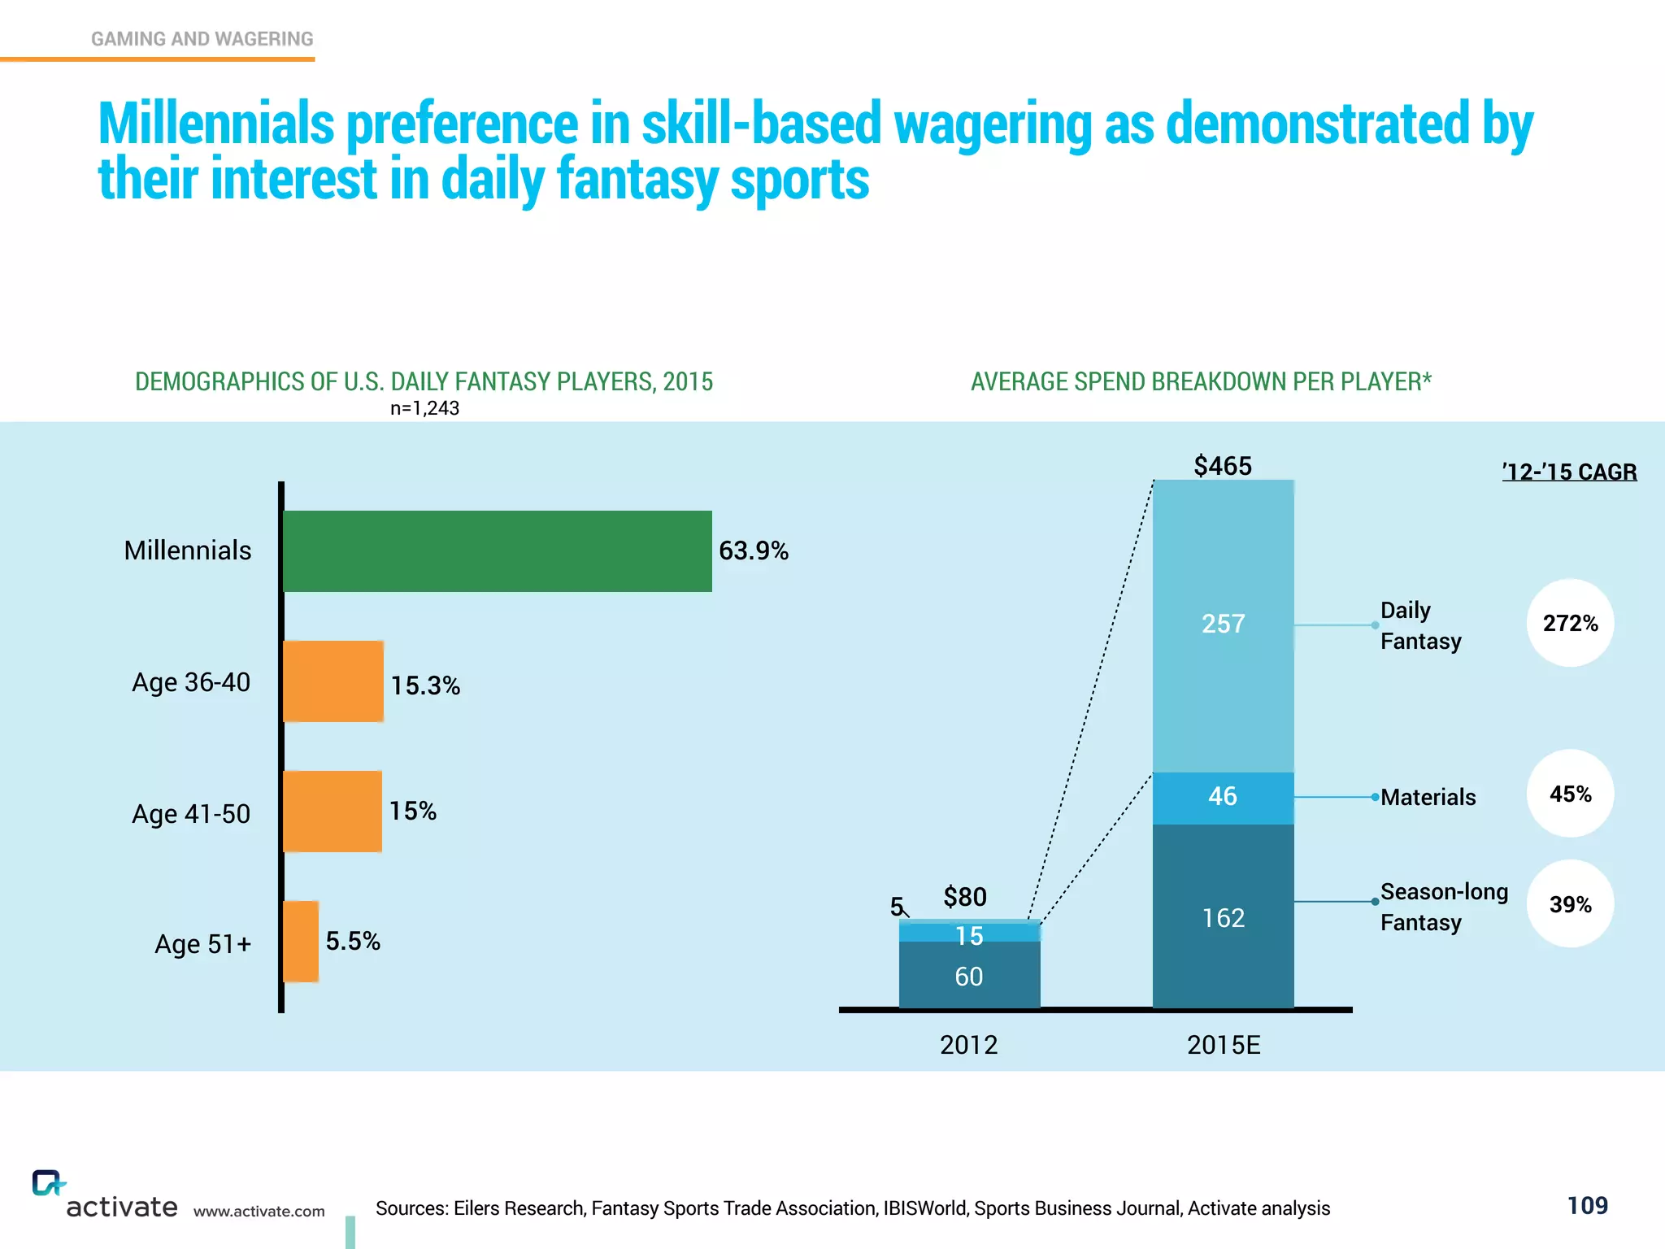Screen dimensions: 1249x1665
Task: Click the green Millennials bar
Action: coord(497,551)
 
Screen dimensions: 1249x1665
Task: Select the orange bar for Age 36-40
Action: coord(333,681)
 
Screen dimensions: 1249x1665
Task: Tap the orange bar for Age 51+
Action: coord(301,942)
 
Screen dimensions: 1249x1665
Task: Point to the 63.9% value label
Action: coord(753,551)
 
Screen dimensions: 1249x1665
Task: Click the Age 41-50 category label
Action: coord(191,814)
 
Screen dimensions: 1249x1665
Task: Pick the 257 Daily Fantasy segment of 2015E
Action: coord(1223,624)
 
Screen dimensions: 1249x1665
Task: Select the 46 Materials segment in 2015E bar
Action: coord(1223,797)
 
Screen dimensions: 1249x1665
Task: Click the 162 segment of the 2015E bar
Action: coord(1223,917)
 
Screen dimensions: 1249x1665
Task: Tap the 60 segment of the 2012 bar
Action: coord(969,976)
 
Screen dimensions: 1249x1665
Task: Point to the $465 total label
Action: coord(1223,466)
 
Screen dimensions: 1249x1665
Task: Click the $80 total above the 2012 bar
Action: coord(965,897)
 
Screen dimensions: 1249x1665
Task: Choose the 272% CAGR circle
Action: coord(1570,624)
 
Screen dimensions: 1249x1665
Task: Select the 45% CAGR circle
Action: coord(1570,794)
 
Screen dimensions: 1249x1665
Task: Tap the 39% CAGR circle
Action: coord(1570,904)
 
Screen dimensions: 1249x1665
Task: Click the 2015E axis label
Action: coord(1224,1045)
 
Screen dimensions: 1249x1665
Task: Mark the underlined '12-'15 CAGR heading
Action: coord(1569,472)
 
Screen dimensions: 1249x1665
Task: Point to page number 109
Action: coord(1587,1205)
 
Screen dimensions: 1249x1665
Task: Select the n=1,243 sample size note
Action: coord(424,408)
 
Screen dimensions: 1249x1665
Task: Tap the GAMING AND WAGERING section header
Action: coord(202,39)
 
